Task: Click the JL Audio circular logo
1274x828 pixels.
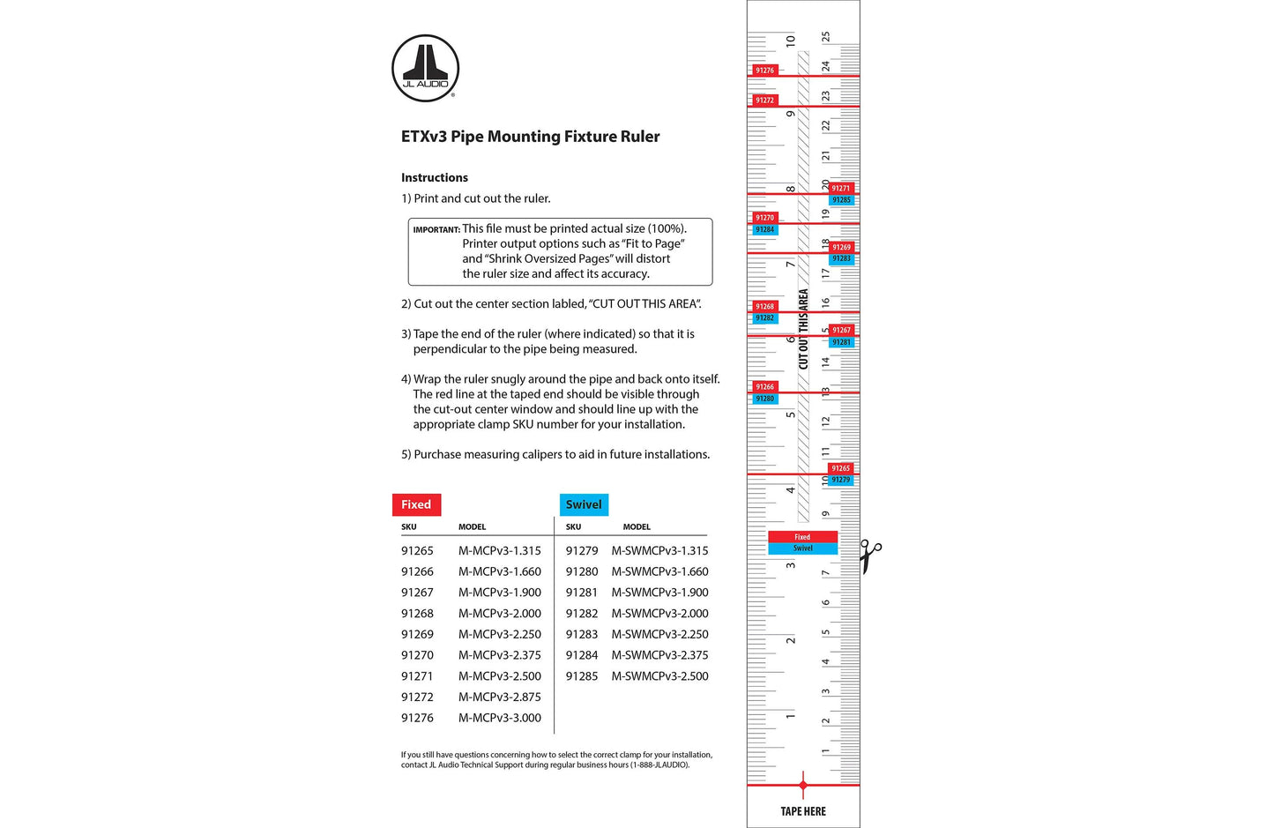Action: (425, 68)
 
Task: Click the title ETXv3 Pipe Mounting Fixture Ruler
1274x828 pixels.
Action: (530, 137)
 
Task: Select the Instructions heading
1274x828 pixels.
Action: (435, 177)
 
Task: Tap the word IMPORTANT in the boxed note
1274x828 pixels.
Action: (436, 230)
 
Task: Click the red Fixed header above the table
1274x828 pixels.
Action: (416, 504)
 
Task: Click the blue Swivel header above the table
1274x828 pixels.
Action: (584, 504)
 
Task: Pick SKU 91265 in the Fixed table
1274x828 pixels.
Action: (417, 550)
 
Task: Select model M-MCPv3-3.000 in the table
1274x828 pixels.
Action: (499, 718)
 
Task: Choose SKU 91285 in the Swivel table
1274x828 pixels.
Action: (582, 676)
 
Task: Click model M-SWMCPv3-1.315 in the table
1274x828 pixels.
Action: (659, 550)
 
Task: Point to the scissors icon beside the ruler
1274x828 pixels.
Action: (870, 556)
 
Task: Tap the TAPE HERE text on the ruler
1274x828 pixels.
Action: (803, 811)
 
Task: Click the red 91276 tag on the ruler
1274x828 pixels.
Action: (764, 71)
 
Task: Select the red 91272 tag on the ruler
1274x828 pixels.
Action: (764, 101)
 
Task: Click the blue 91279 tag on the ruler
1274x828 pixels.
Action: (841, 480)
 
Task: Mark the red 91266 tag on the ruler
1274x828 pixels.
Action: (764, 387)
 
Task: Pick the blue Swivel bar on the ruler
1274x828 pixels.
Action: (802, 548)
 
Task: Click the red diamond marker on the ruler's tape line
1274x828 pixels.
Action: (802, 784)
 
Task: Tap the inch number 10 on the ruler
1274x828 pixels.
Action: (790, 40)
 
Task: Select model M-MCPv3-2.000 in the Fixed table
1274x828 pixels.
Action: (499, 614)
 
